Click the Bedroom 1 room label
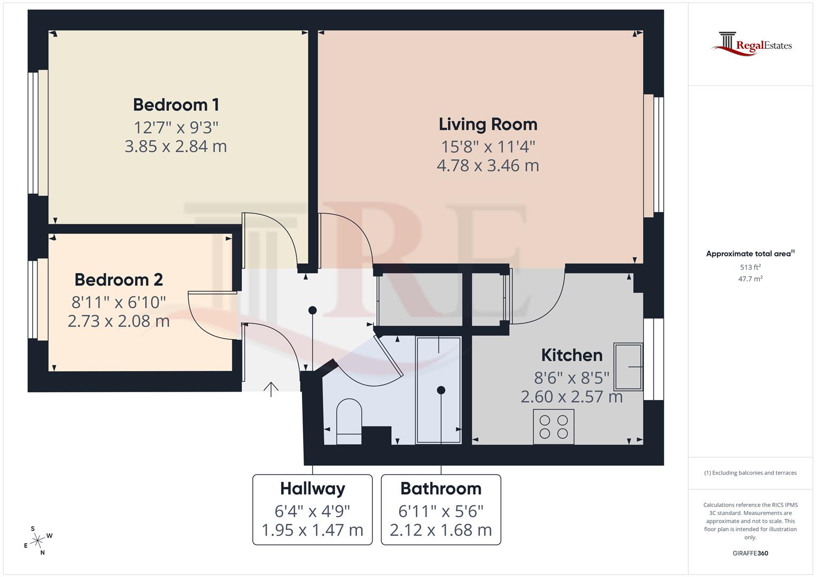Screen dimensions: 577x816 pyautogui.click(x=176, y=105)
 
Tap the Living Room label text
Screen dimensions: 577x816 pyautogui.click(x=488, y=124)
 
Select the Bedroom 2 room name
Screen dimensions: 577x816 pyautogui.click(x=119, y=279)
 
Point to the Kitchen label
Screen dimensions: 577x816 pyautogui.click(x=572, y=355)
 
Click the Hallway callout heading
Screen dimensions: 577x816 pyautogui.click(x=313, y=488)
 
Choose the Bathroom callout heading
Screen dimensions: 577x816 pyautogui.click(x=441, y=488)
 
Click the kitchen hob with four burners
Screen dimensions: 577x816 pyautogui.click(x=554, y=426)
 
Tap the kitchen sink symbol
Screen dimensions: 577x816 pyautogui.click(x=628, y=367)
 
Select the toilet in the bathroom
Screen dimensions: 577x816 pyautogui.click(x=349, y=422)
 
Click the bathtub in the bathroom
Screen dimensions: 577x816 pyautogui.click(x=439, y=390)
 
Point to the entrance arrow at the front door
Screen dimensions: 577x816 pyautogui.click(x=271, y=389)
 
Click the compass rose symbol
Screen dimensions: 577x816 pyautogui.click(x=37, y=541)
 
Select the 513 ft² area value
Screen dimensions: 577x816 pyautogui.click(x=750, y=267)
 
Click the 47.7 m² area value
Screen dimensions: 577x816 pyautogui.click(x=750, y=278)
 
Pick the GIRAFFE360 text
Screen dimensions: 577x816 pyautogui.click(x=750, y=553)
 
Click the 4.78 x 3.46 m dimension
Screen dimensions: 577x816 pyautogui.click(x=488, y=166)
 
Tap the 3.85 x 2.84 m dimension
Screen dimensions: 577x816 pyautogui.click(x=176, y=146)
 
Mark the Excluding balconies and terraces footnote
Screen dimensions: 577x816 pyautogui.click(x=750, y=473)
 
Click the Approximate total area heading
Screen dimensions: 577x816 pyautogui.click(x=749, y=254)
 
